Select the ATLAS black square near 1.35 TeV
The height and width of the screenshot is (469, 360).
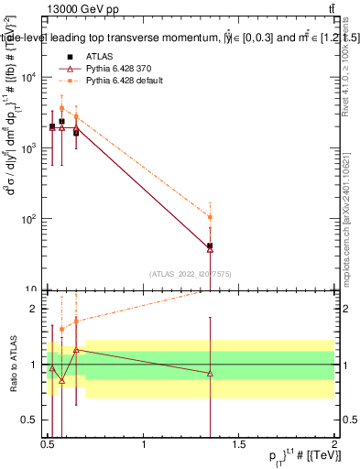click(211, 245)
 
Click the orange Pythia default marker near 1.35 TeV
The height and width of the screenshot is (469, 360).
click(211, 217)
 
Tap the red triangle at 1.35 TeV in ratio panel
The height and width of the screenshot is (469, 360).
click(211, 373)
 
